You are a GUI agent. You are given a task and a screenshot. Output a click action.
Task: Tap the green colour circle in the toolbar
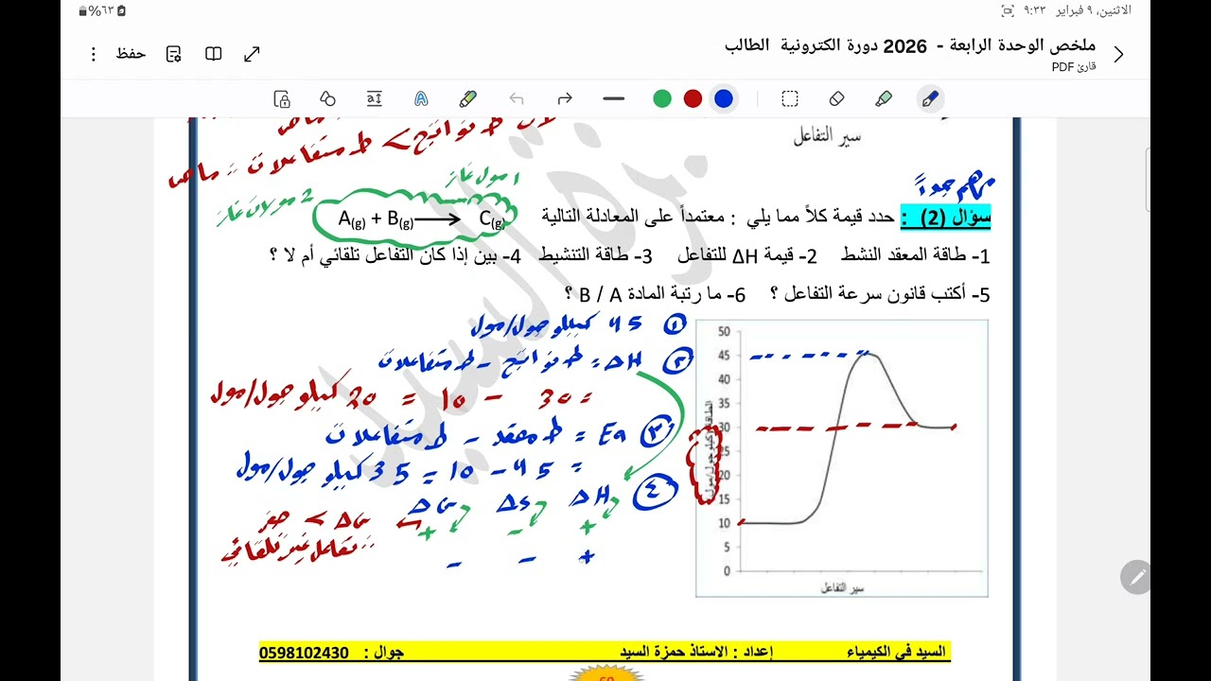click(662, 98)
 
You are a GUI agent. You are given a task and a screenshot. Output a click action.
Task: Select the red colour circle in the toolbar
click(693, 98)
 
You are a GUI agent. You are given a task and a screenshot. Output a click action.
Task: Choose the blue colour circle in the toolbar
click(724, 98)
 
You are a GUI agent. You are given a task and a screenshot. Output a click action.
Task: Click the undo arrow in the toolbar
click(517, 98)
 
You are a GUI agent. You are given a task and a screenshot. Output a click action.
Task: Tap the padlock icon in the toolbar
click(281, 98)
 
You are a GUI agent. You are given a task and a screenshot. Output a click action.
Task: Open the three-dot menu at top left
click(93, 54)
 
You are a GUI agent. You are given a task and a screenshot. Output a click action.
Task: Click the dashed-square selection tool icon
click(790, 98)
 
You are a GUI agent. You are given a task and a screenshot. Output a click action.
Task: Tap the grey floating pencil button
click(1135, 576)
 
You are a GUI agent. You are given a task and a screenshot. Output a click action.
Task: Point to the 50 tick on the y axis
click(724, 331)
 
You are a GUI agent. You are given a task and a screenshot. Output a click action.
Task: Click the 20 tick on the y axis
click(724, 475)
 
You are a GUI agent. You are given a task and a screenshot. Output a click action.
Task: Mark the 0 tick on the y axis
click(726, 571)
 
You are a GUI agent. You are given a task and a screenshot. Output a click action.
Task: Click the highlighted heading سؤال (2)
click(945, 217)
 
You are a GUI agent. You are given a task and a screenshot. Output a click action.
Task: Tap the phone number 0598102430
click(304, 653)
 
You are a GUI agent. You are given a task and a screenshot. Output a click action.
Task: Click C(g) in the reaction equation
click(491, 219)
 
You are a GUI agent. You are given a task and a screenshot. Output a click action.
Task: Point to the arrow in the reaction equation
click(438, 219)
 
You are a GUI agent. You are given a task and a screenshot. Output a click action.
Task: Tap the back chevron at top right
click(1118, 54)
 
